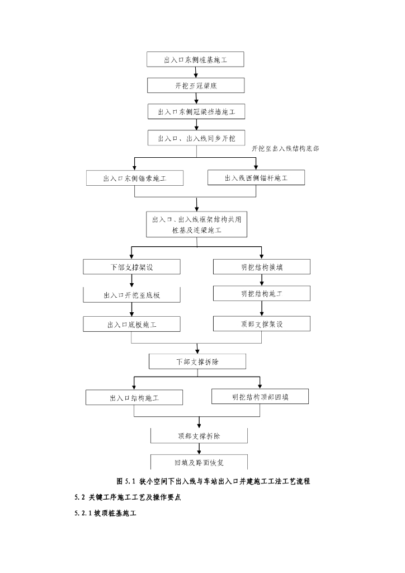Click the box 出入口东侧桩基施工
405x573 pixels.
(195, 59)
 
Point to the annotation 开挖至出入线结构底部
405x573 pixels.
(285, 149)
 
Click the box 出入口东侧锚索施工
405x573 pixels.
(135, 179)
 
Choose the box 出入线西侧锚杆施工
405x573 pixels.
(256, 178)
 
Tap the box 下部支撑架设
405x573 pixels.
(131, 267)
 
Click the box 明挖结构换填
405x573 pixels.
(262, 267)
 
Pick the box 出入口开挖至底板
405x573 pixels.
(131, 295)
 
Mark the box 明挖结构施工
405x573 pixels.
(262, 293)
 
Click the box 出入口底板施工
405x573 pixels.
(131, 325)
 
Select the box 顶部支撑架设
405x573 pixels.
(262, 323)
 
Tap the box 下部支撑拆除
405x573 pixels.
(197, 361)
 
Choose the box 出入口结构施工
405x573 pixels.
(135, 398)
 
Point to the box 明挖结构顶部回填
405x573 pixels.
(261, 397)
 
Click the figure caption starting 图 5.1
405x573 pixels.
(213, 481)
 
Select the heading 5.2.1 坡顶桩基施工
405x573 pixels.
(105, 513)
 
